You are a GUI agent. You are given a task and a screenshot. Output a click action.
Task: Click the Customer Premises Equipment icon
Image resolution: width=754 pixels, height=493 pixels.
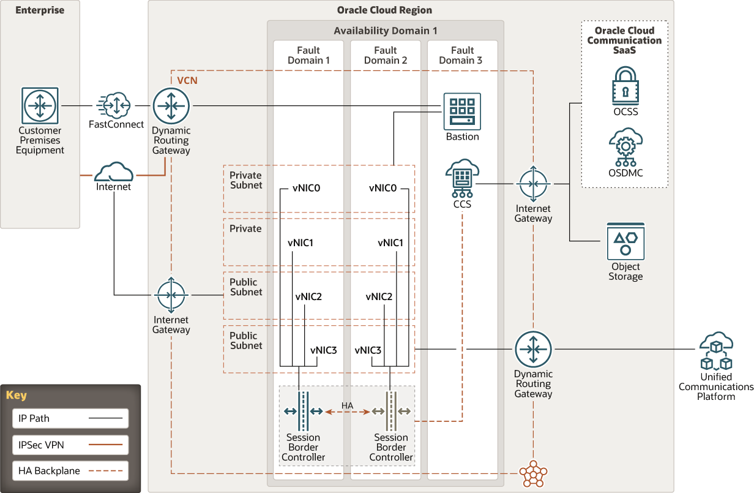tap(40, 106)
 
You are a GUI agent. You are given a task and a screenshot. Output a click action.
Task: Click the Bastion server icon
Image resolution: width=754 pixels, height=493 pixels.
tap(462, 111)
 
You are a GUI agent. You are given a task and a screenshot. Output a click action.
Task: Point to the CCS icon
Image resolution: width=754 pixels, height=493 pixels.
tap(462, 178)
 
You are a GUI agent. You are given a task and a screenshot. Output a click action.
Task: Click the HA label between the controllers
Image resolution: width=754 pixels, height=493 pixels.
tap(347, 405)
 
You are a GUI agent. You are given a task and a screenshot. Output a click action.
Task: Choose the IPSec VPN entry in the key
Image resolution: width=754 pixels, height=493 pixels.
tap(70, 445)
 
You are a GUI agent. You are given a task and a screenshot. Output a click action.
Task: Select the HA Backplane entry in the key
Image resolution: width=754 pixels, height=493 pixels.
tap(70, 472)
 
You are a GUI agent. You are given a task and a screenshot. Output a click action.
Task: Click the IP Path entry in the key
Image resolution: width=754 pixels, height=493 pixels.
tap(70, 419)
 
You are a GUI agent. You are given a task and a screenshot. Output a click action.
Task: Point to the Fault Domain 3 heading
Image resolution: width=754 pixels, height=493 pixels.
tap(462, 55)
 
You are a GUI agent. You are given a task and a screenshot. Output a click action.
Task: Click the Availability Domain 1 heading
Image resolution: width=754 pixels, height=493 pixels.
tap(385, 31)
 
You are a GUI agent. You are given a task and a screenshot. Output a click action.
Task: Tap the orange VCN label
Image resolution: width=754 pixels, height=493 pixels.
tap(187, 80)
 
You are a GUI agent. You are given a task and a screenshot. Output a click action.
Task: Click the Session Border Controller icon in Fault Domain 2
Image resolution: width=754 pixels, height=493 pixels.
tap(390, 410)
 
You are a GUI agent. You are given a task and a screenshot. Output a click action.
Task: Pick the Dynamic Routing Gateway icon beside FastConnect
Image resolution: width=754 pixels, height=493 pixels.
tap(171, 106)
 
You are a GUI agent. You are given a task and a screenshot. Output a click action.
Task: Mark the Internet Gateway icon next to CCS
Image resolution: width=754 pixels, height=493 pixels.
tap(533, 184)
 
